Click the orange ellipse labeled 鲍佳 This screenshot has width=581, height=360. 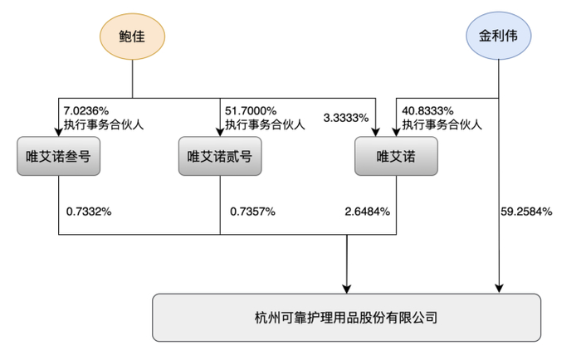(132, 38)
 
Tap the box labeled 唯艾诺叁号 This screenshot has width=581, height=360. (58, 156)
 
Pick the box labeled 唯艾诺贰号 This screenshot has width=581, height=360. (219, 156)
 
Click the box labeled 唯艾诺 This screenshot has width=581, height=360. (394, 156)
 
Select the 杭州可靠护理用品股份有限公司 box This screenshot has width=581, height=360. (345, 317)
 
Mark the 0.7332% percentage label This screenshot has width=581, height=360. (89, 212)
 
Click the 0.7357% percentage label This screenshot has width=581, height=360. (252, 212)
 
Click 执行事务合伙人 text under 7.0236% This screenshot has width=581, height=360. (102, 125)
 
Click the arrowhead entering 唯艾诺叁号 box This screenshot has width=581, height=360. (58, 131)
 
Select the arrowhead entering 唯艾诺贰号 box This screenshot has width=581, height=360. (220, 131)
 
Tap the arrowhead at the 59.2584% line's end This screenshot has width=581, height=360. (498, 287)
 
